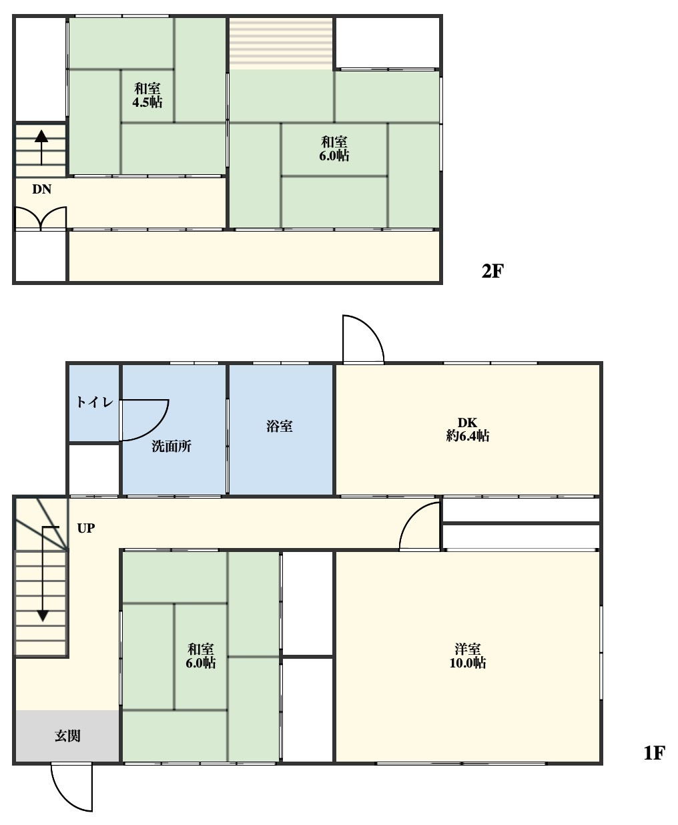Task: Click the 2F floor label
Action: (492, 271)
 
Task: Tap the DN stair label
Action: (41, 190)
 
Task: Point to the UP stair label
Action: (86, 528)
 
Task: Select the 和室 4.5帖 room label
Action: (147, 95)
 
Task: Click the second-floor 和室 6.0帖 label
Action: (334, 149)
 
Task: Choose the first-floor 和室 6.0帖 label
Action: (201, 656)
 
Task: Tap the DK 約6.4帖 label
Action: (468, 429)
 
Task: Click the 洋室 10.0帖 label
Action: (468, 656)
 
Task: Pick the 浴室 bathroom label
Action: (280, 426)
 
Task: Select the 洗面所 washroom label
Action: (172, 447)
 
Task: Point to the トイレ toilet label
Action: (95, 402)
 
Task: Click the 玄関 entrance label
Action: (67, 736)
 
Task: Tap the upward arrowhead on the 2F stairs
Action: (41, 136)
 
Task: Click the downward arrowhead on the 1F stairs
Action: (43, 616)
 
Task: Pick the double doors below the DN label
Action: (41, 218)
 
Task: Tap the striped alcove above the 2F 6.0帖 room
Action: (281, 44)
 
